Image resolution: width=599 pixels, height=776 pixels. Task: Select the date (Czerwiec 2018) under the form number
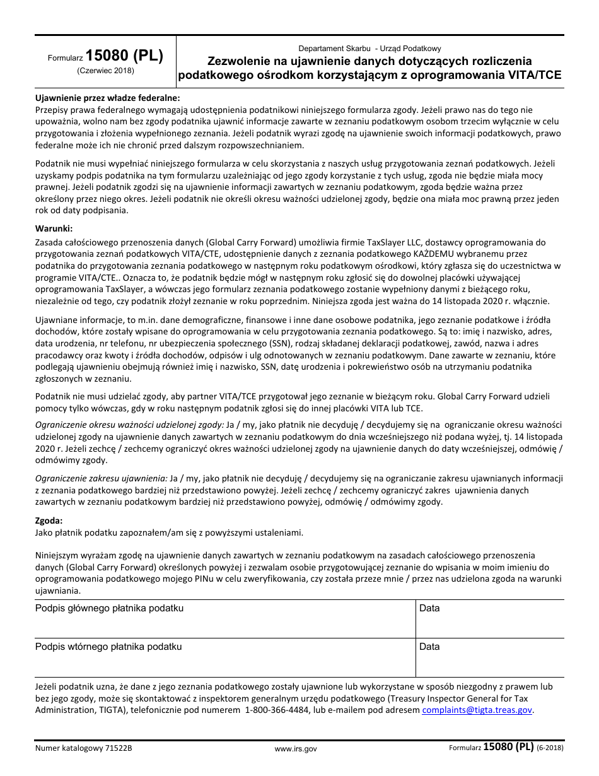point(105,71)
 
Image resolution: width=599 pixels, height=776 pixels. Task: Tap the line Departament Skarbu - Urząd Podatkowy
point(369,49)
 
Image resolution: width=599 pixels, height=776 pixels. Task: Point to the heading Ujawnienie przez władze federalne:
point(107,98)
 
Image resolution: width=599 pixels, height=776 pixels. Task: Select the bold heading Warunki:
point(54,228)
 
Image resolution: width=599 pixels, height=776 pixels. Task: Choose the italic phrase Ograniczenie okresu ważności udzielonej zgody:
point(129,425)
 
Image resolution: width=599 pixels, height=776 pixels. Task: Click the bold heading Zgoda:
point(49,520)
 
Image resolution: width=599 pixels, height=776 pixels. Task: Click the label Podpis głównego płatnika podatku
point(109,608)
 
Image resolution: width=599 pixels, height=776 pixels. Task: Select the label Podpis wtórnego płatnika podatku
point(108,647)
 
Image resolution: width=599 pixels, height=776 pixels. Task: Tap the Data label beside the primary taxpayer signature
point(429,608)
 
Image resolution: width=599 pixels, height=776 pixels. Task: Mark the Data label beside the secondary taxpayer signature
point(429,647)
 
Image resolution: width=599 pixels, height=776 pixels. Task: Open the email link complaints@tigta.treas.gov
point(477,710)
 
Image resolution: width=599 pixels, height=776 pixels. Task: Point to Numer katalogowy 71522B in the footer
point(84,749)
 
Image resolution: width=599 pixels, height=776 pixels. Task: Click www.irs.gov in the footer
point(296,749)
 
